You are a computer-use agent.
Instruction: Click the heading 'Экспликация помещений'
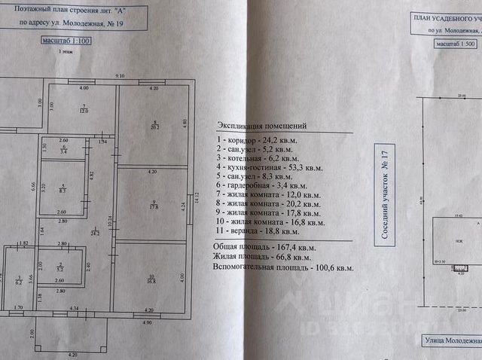261,126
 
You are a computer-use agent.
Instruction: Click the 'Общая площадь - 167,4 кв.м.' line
266,246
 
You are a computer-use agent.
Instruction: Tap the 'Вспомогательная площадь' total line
285,267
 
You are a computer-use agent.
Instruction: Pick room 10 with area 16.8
153,279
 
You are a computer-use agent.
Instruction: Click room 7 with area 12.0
84,109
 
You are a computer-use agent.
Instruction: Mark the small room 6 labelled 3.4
64,150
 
